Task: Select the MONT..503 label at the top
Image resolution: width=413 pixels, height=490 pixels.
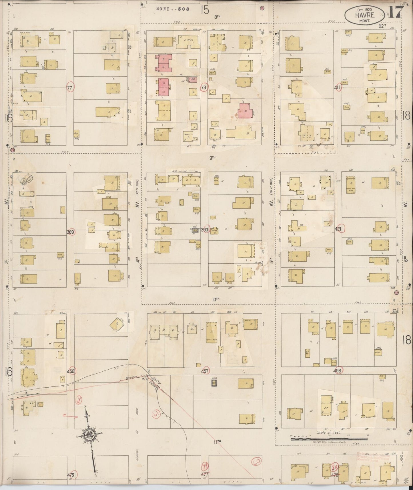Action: tap(173, 9)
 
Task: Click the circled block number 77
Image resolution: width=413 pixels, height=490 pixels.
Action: tap(70, 88)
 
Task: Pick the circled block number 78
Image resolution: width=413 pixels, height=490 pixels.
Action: tap(203, 88)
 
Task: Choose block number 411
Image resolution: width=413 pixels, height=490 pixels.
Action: tap(338, 88)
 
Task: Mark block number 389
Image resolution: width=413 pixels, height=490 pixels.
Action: tap(70, 232)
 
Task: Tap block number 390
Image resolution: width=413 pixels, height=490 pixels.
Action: tap(204, 230)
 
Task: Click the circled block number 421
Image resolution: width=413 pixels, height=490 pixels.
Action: tap(339, 229)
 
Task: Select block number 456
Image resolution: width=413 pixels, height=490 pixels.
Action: tap(70, 371)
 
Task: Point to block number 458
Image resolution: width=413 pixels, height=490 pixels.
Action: tap(338, 371)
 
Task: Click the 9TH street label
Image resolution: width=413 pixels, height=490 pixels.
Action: tap(212, 157)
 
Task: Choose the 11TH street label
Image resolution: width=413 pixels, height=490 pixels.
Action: tap(218, 441)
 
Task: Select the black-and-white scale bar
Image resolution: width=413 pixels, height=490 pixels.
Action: tap(329, 438)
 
